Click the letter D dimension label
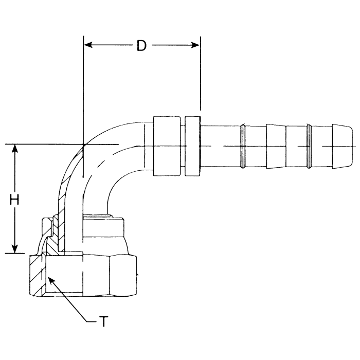click(x=141, y=46)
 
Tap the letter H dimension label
click(x=15, y=200)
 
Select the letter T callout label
click(x=104, y=322)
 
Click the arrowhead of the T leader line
click(x=50, y=278)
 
